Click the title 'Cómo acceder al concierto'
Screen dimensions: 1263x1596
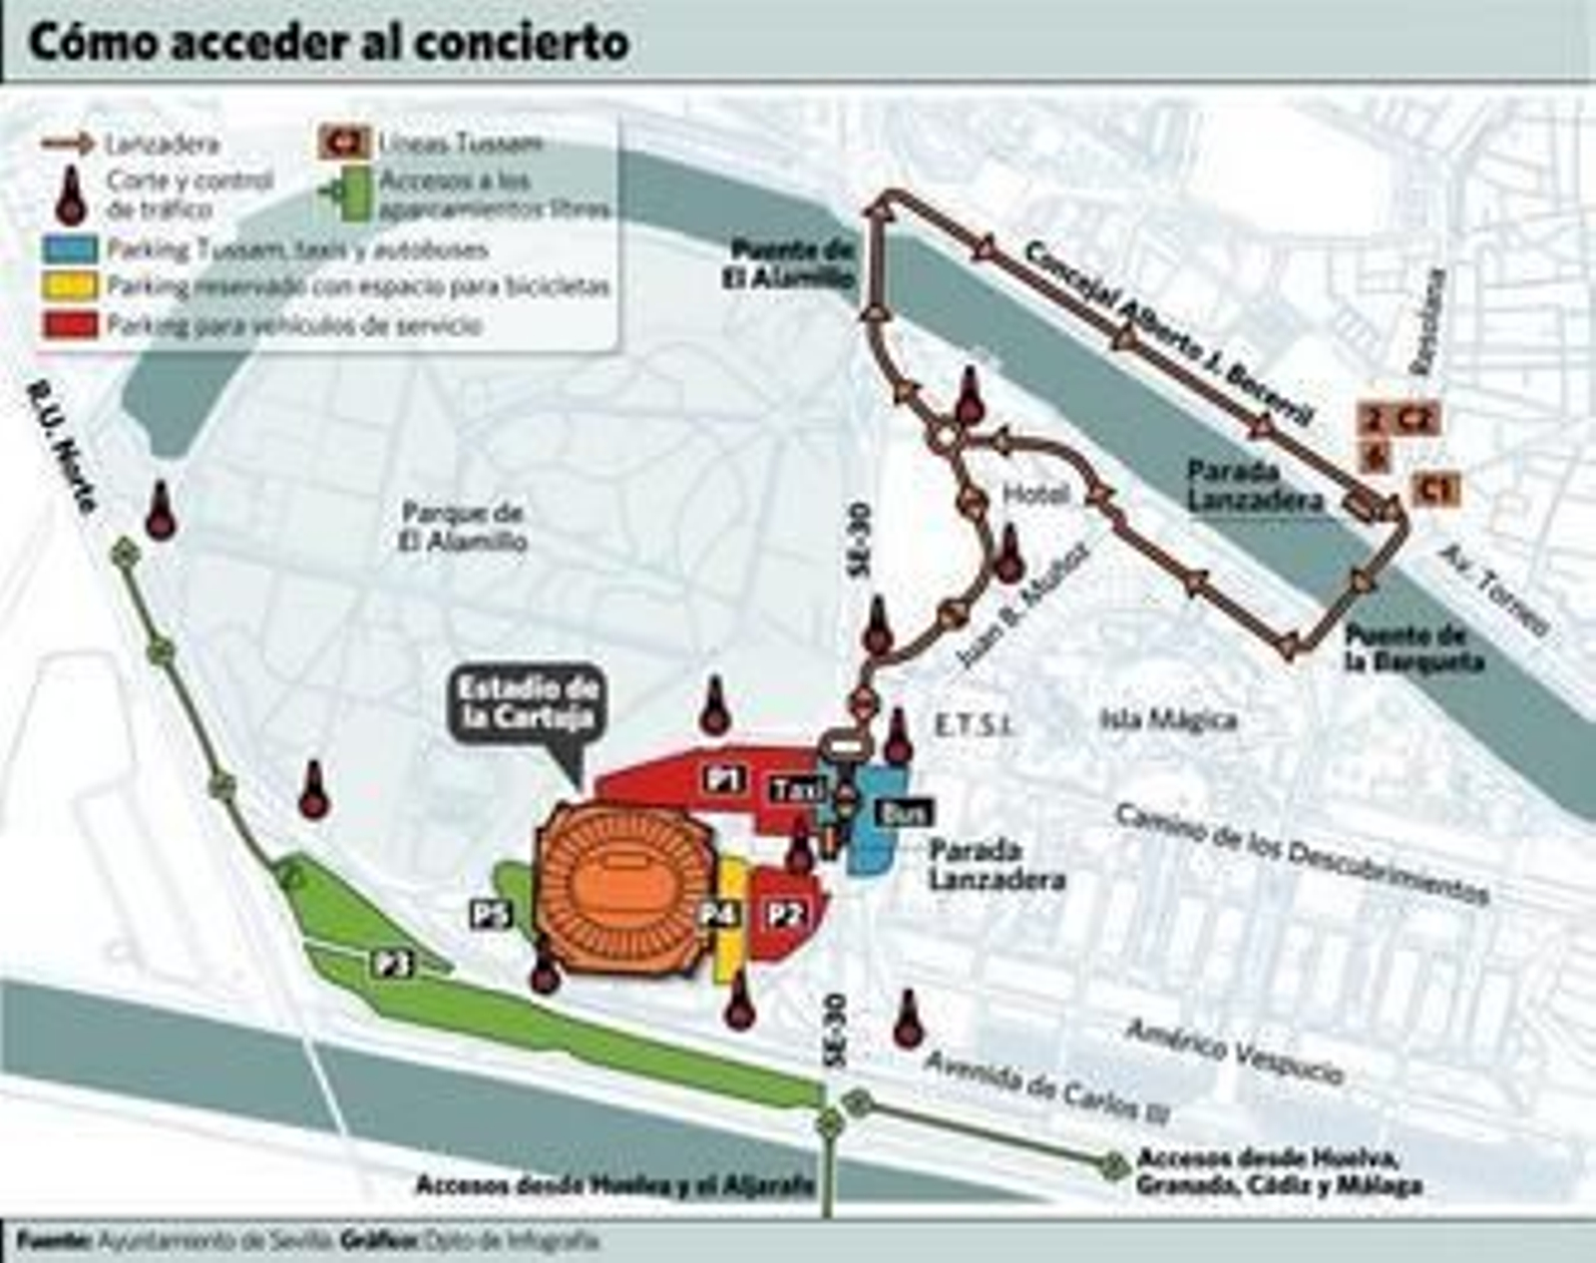329,43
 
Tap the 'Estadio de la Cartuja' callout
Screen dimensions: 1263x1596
528,704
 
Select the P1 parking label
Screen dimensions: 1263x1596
724,778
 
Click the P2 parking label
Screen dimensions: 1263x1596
785,915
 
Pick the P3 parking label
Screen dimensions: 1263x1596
394,963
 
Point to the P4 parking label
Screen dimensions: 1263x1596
719,914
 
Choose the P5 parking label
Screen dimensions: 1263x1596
492,914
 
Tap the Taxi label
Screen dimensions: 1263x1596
798,790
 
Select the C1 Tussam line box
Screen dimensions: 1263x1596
1435,489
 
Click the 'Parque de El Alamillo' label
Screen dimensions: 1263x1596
463,527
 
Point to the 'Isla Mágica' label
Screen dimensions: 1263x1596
1168,719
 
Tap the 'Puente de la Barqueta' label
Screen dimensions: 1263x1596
1412,648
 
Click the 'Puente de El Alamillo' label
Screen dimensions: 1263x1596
792,264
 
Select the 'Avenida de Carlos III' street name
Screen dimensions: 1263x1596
1046,1086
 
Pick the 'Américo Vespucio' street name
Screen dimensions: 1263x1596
1235,1051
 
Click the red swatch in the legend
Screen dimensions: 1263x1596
70,324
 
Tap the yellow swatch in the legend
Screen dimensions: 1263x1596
70,286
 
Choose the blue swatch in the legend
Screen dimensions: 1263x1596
70,248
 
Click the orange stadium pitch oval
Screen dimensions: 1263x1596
620,885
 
